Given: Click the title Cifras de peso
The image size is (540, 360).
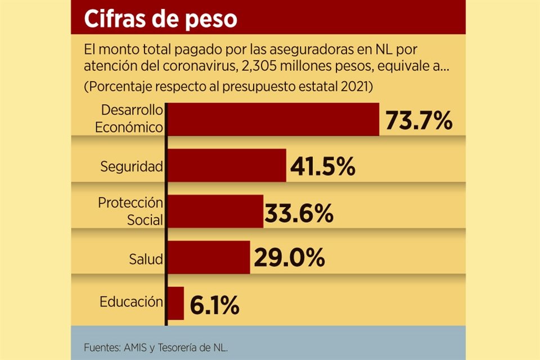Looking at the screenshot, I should pos(160,19).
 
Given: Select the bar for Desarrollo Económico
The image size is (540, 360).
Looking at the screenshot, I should pos(273,119).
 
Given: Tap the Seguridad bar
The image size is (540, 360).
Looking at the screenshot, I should pos(227,165).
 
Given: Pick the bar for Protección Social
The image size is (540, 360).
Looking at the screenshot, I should pos(215,211).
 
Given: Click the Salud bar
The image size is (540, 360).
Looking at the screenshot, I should pos(209,258).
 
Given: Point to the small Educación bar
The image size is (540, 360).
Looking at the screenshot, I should pos(176,303).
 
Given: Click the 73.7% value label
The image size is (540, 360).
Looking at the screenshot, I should pos(418,120).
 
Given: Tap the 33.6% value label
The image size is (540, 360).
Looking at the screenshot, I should pos(299,213).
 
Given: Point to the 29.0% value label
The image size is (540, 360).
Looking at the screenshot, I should pos(289,259).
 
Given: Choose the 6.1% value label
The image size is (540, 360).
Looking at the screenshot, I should pos(214,305).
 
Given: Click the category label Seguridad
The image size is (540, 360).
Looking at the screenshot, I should pos(132,166).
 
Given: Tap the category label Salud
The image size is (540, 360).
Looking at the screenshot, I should pos(146,259).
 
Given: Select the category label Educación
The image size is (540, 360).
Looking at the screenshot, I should pos(132,302).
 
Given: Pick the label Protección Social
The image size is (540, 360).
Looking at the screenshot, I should pos(130,211).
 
